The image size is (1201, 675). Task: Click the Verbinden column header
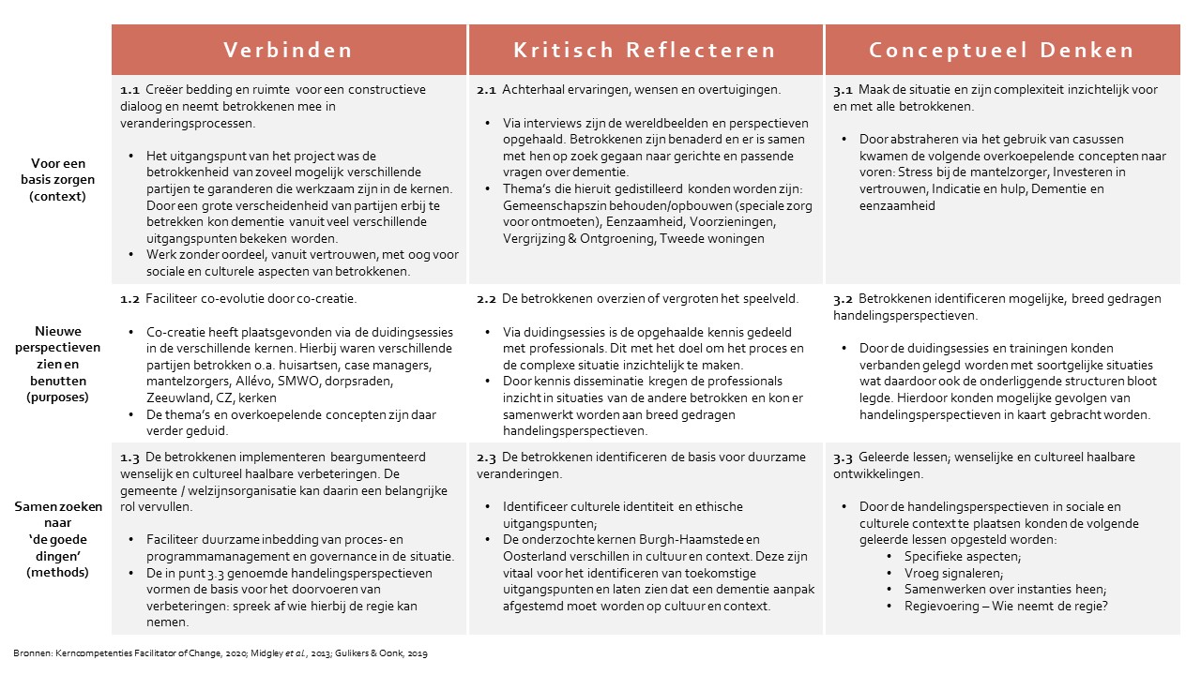click(x=288, y=51)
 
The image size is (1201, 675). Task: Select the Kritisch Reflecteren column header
click(x=645, y=51)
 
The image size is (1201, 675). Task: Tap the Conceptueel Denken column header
click(x=1001, y=51)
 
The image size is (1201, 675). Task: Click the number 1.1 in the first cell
click(x=129, y=90)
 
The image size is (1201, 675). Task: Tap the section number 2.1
click(x=486, y=90)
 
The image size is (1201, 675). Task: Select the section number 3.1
click(x=843, y=90)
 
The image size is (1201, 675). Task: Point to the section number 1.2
click(x=129, y=299)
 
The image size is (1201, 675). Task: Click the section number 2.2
click(x=486, y=299)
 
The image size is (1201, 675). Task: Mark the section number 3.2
click(x=843, y=299)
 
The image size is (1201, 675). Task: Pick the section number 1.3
click(x=129, y=457)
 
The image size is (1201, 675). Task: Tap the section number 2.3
click(x=486, y=457)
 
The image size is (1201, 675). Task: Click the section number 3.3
click(x=843, y=457)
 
